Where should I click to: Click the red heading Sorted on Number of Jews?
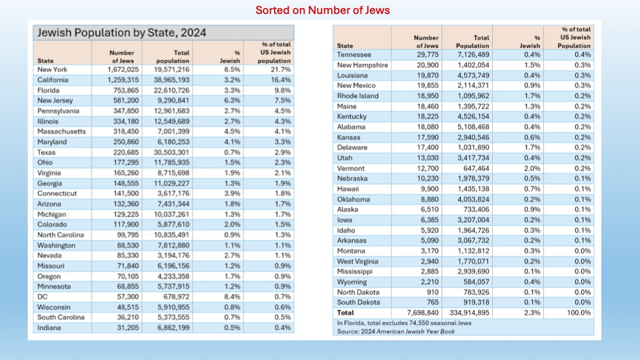click(x=323, y=10)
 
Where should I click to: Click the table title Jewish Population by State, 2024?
click(x=121, y=33)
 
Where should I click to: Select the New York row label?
click(x=52, y=70)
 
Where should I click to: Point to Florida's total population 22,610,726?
click(x=171, y=91)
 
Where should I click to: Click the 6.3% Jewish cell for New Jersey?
click(x=232, y=101)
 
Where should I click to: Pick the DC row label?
click(x=43, y=297)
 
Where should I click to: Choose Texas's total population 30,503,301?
click(x=171, y=153)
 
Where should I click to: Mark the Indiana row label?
click(x=49, y=328)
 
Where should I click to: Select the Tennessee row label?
click(x=354, y=55)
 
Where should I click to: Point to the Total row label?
click(x=345, y=313)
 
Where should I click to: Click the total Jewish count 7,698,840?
click(x=423, y=313)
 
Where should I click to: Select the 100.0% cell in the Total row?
click(x=579, y=313)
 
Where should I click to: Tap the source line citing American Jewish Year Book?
click(x=396, y=331)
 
